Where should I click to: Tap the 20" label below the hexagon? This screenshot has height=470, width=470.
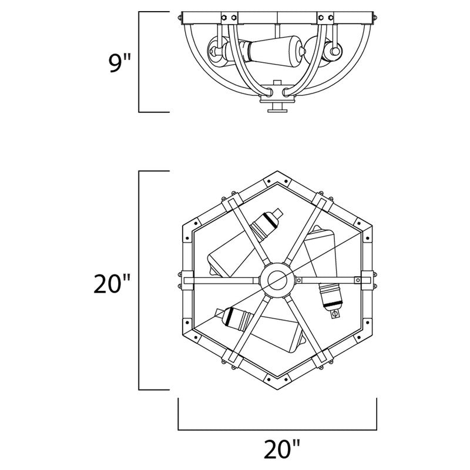277,451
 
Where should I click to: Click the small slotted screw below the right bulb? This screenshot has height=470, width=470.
335,315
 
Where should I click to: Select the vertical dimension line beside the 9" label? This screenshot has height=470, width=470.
139,61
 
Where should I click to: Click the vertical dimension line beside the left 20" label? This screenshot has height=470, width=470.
139,281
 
